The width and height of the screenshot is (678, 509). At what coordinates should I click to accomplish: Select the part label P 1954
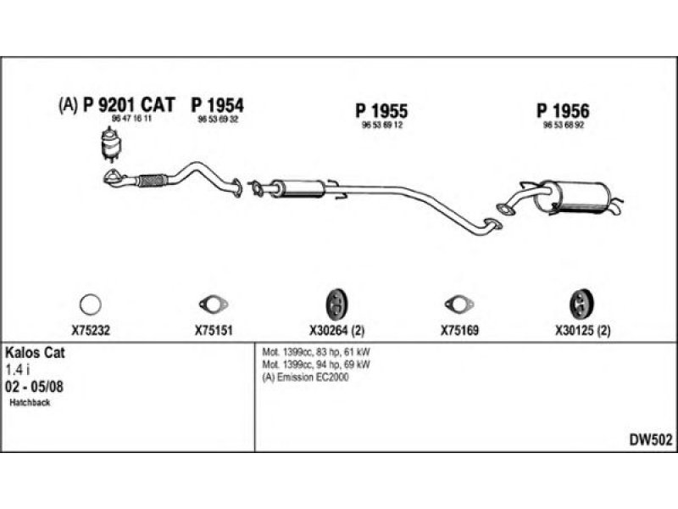218,105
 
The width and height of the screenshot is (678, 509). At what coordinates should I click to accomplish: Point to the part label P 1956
563,110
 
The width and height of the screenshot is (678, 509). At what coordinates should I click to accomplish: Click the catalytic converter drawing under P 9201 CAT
108,144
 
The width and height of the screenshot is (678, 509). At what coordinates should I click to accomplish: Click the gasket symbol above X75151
208,304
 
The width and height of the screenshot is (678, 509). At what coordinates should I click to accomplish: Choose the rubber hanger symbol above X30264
336,303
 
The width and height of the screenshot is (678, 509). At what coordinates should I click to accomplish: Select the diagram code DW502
649,439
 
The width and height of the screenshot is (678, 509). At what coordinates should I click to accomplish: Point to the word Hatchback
31,402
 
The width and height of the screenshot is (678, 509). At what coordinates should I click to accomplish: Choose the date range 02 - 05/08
33,386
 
